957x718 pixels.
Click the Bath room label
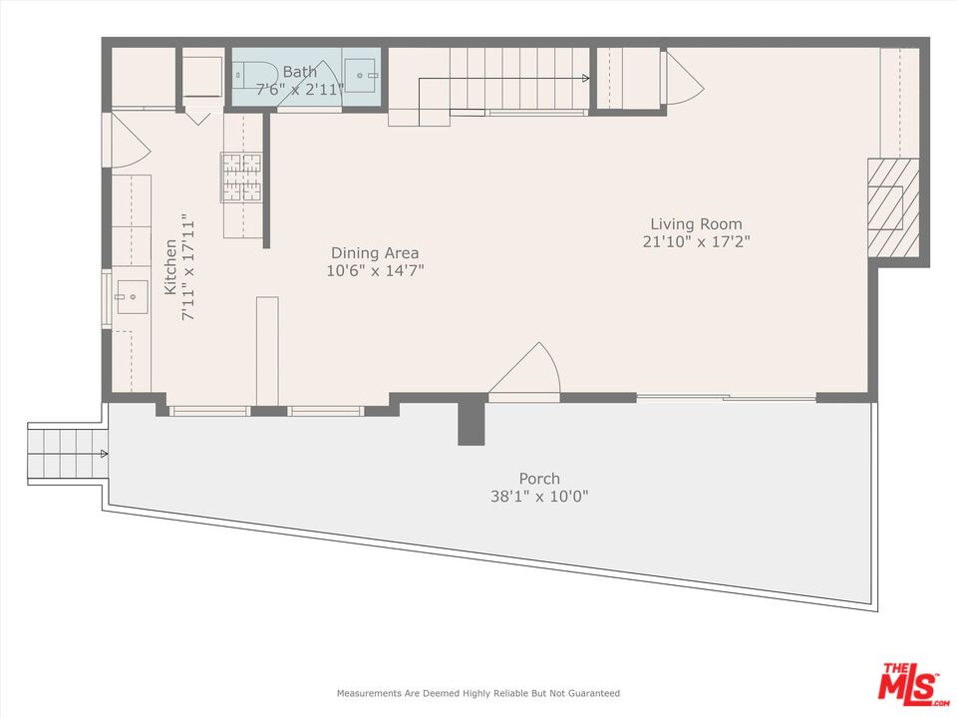[299, 72]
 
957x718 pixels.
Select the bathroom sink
[361, 74]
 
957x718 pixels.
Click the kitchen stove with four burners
[241, 177]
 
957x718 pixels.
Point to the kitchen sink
[130, 296]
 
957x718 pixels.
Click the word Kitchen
[170, 267]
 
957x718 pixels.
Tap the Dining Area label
[375, 253]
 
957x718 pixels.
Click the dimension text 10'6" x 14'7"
[375, 271]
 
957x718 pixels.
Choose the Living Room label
[696, 224]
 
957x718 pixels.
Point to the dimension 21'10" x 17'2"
[696, 241]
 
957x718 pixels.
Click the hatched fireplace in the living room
[885, 207]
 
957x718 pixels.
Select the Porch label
[539, 479]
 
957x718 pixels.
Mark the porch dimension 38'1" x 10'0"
[539, 497]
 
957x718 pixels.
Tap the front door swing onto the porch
[528, 373]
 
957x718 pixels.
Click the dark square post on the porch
[471, 423]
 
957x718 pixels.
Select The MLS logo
[910, 683]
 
